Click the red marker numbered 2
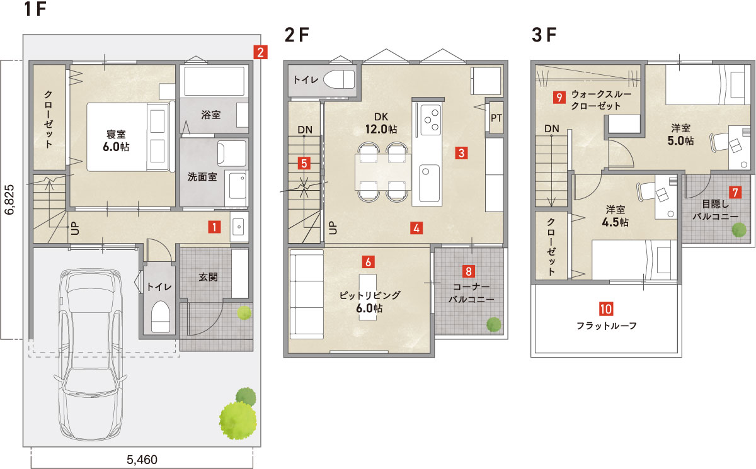260,52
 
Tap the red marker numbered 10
606,308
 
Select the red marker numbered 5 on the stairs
304,163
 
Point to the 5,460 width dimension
142,459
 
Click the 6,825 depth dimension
9,200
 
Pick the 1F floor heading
35,9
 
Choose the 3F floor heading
544,35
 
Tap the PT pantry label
496,118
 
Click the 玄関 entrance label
208,277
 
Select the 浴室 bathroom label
210,115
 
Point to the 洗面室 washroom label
202,176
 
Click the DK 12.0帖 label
381,123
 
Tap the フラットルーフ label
606,325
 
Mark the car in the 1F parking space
90,354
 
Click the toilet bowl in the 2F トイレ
339,79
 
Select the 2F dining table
383,172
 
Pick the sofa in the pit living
306,293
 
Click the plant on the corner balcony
494,324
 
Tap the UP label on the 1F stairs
75,228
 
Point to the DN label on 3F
551,128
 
